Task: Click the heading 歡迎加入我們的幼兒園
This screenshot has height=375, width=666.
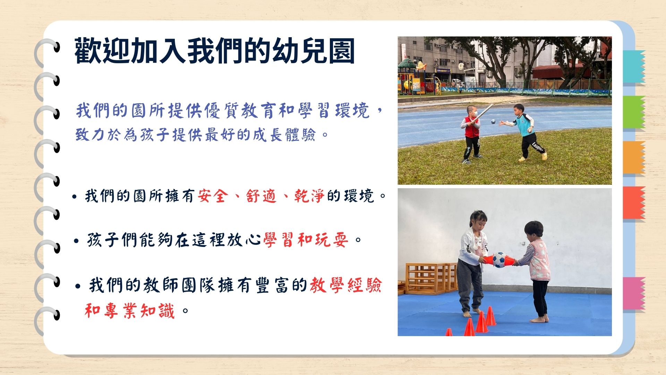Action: (214, 51)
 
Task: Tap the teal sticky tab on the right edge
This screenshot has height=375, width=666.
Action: (634, 66)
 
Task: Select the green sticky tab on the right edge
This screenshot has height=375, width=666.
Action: (634, 112)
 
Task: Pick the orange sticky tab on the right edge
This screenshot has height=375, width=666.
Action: (634, 157)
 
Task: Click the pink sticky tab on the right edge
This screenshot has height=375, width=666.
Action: (634, 293)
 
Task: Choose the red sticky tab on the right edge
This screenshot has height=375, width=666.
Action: (634, 203)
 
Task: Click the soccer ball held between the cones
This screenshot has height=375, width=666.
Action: (499, 260)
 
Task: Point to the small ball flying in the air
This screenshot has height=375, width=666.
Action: (493, 122)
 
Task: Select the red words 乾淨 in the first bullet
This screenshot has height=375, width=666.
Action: (309, 196)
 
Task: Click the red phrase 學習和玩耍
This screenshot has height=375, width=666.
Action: (306, 240)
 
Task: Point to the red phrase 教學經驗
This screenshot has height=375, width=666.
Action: (346, 285)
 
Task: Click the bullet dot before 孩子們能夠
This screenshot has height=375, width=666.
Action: (77, 241)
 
